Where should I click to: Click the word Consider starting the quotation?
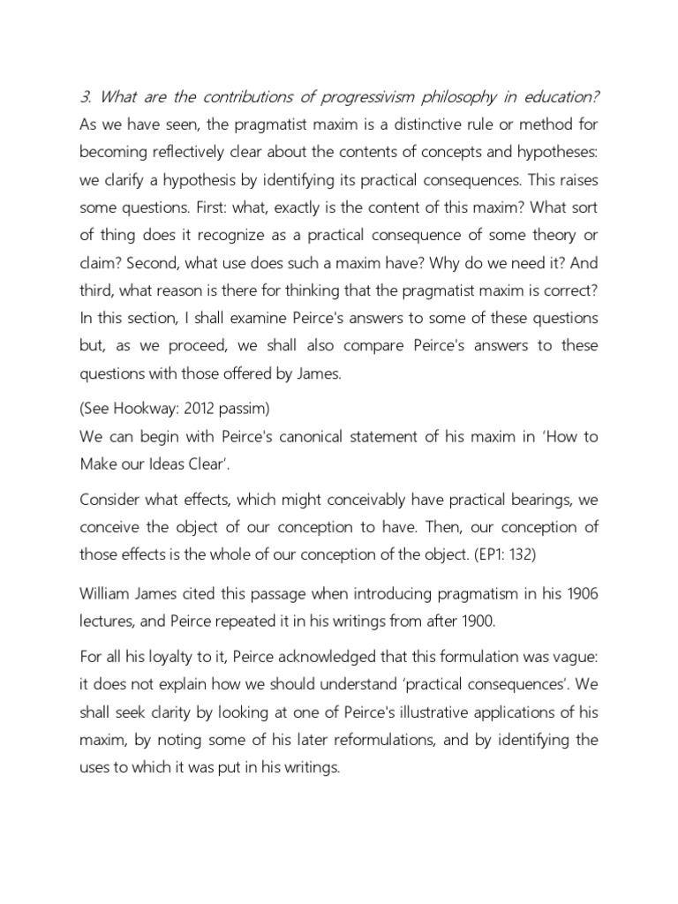pos(111,500)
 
